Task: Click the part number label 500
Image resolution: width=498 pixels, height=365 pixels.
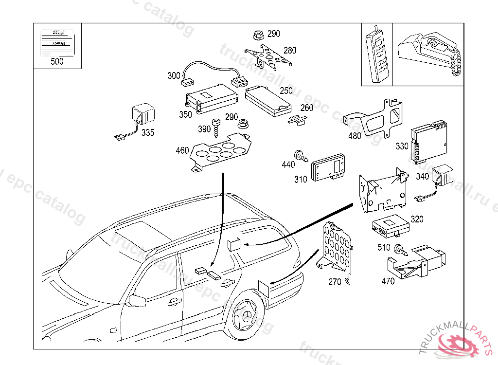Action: click(57, 61)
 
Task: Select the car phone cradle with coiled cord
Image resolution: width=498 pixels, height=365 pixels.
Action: click(428, 51)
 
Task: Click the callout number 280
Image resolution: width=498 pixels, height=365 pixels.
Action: click(290, 50)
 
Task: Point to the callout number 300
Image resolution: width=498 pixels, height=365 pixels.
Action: click(174, 75)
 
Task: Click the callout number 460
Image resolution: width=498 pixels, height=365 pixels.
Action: click(182, 150)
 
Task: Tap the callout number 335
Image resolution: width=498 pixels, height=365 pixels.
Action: click(148, 132)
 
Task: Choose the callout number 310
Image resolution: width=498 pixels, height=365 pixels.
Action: click(301, 179)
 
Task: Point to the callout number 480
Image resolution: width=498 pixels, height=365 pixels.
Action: click(355, 136)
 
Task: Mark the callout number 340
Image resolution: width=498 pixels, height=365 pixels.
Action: click(422, 176)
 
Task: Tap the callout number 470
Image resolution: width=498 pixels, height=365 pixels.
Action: click(388, 281)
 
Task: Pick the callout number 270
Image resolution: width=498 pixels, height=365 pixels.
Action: click(335, 281)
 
